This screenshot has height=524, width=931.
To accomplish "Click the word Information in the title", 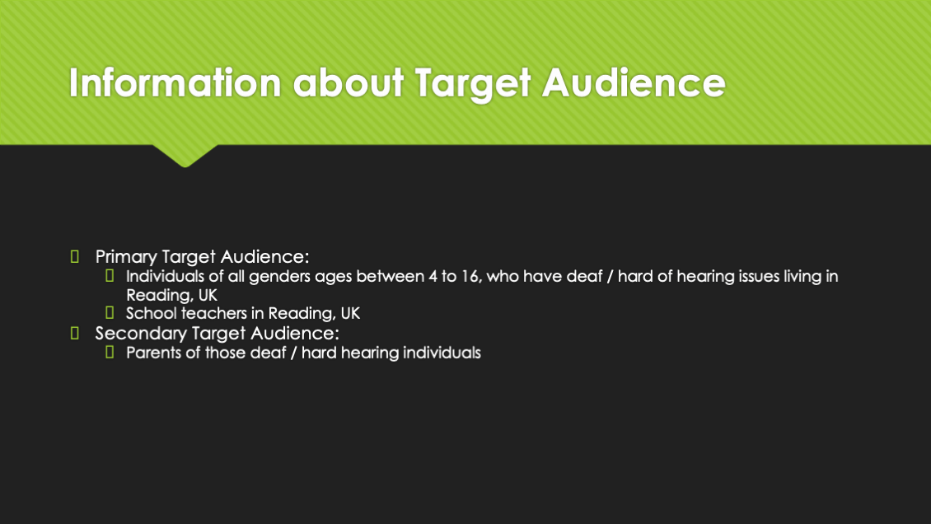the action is click(x=175, y=82).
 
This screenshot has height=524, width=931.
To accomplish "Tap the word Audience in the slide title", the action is click(x=634, y=82).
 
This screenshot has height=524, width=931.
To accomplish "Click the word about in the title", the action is click(x=349, y=82).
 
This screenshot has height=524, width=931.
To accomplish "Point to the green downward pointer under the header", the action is click(x=185, y=156).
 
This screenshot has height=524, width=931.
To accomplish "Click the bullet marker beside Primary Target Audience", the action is click(x=75, y=256).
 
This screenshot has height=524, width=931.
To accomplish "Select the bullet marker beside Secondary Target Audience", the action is click(x=75, y=333).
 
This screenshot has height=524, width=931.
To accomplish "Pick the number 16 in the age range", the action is click(x=470, y=277).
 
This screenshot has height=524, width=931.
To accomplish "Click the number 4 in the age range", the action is click(x=433, y=277).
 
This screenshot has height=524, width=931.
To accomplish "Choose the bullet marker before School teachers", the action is click(x=110, y=313).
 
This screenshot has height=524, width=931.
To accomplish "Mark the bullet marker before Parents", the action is click(x=110, y=353).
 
